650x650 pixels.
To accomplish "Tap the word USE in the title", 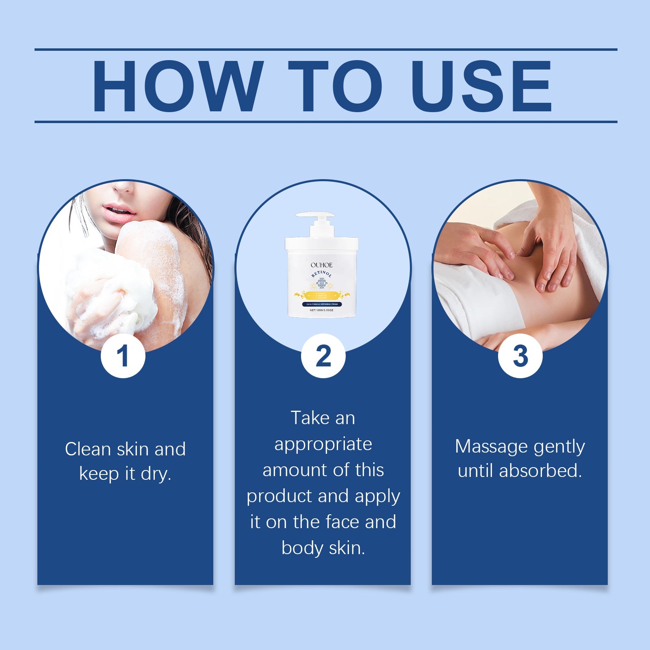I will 481,86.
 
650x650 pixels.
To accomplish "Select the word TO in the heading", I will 336,86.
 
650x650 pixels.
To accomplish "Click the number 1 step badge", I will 123,356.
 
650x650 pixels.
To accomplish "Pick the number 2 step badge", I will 323,356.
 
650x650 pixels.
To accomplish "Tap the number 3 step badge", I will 520,356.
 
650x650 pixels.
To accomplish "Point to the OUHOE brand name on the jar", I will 321,265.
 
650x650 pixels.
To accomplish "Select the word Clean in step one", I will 88,449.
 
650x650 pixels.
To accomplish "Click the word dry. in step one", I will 156,474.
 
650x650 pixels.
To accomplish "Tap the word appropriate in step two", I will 323,444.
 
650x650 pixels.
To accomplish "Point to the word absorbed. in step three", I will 541,471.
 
